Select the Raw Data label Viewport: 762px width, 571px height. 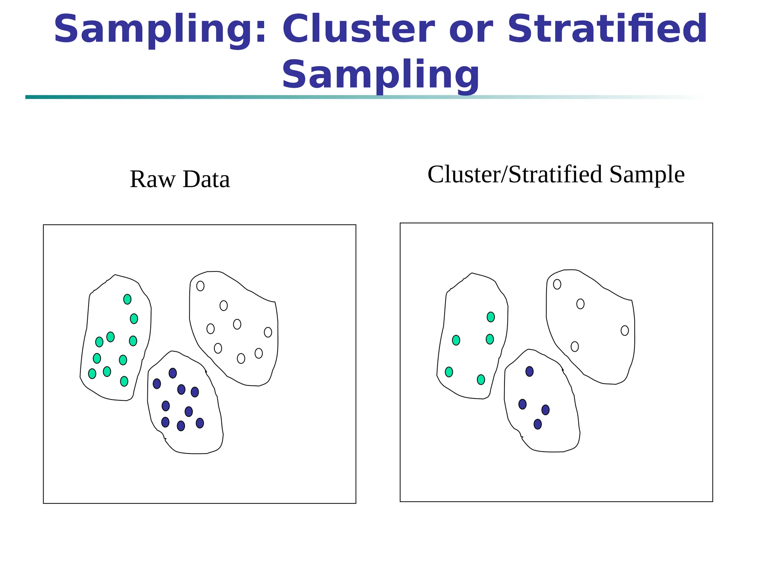[180, 179]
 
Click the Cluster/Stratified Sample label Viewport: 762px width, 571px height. [556, 174]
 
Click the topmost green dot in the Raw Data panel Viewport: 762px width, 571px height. [127, 299]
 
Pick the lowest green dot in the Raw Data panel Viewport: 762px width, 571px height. [124, 381]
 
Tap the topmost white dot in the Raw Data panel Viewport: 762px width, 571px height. [200, 286]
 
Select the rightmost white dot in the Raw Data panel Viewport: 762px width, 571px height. [268, 332]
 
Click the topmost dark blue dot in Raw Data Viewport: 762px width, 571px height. [173, 373]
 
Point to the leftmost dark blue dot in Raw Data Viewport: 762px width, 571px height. [157, 384]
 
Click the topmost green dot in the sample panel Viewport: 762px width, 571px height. [491, 317]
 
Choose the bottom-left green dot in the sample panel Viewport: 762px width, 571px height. [449, 372]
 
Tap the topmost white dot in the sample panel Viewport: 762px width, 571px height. [557, 284]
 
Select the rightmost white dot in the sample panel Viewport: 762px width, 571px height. [625, 330]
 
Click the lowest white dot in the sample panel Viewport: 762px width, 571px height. [575, 346]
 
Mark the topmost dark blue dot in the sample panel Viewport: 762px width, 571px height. [529, 371]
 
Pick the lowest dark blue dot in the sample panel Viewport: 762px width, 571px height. [538, 424]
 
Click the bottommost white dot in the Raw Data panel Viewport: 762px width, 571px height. [241, 358]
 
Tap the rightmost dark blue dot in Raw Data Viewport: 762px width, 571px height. [200, 423]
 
